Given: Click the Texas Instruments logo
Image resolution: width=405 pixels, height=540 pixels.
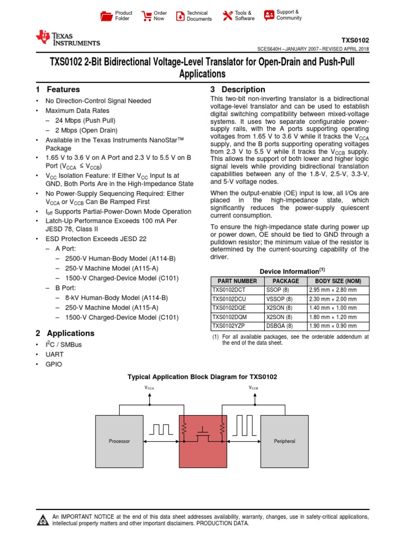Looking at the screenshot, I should point(67,38).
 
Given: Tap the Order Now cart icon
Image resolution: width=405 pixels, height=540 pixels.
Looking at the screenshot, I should point(146,16).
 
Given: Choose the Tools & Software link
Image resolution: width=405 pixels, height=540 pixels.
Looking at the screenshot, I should point(238,16).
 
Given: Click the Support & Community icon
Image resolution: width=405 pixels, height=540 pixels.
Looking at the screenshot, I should point(269,15).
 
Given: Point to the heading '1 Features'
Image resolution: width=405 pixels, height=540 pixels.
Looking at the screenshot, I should point(58,90).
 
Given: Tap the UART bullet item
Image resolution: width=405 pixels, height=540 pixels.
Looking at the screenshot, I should point(54,354).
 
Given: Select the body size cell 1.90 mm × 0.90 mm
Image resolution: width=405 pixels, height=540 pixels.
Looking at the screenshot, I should point(333,326).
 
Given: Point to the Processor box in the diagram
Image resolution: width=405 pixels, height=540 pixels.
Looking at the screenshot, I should point(119,441).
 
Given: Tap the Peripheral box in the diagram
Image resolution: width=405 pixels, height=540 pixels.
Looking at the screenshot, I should point(285,441).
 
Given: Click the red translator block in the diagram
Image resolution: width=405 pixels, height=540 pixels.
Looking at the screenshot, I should point(203,448).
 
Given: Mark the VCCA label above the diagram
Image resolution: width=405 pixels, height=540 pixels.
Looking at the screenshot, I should point(150,388).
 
